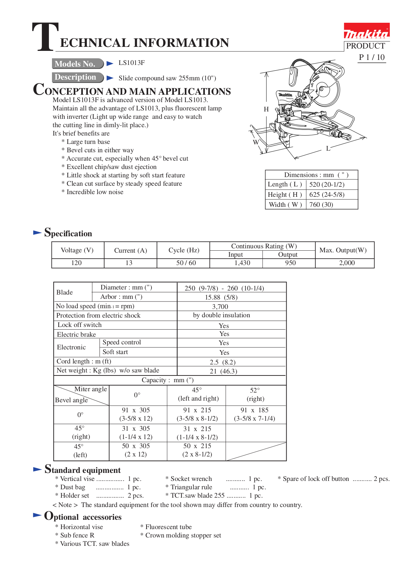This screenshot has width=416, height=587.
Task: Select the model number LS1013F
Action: click(131, 63)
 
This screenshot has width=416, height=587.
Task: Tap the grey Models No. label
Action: click(77, 64)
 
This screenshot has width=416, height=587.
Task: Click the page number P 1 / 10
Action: click(371, 58)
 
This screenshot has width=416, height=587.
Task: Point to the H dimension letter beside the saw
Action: click(266, 109)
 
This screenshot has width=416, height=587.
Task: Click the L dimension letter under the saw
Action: click(328, 148)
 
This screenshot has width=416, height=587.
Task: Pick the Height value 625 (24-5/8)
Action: click(326, 194)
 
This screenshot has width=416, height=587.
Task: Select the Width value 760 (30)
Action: click(321, 204)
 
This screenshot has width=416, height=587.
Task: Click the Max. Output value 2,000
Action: click(347, 263)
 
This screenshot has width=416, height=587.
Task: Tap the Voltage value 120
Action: click(76, 263)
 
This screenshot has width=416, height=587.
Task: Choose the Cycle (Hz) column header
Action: click(184, 250)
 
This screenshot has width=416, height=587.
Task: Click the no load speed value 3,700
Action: click(220, 307)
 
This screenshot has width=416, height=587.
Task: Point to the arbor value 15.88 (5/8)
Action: click(221, 297)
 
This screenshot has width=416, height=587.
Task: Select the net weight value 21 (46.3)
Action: click(223, 371)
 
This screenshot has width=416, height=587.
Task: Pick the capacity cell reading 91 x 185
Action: click(254, 410)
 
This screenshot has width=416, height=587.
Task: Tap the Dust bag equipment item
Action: click(73, 487)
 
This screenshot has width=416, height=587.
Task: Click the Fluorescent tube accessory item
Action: click(168, 527)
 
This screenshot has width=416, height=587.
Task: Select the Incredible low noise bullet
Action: click(95, 192)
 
